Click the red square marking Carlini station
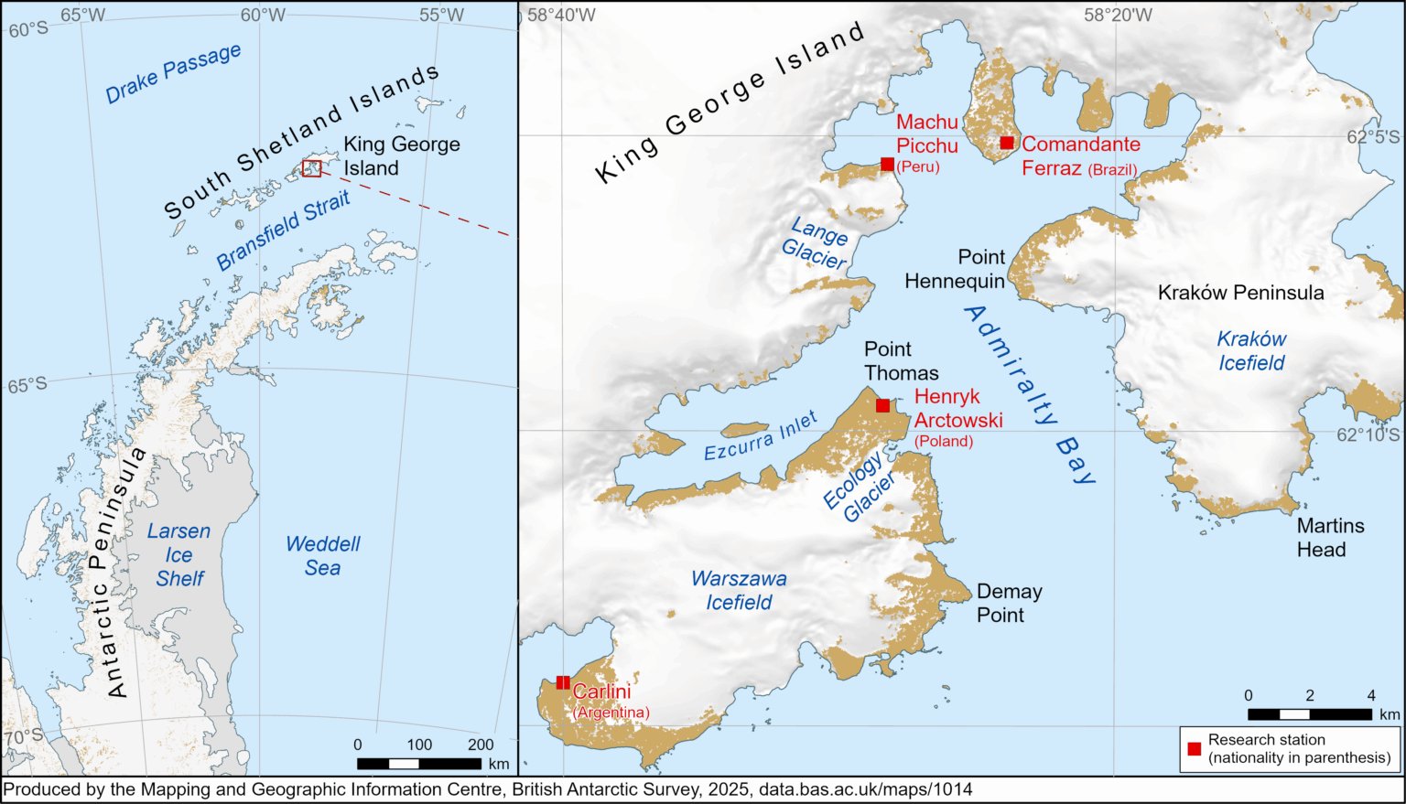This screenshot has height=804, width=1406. pos(563,682)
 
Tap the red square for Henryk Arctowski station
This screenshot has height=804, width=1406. pos(882,405)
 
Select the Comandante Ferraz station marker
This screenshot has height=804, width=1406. pos(1007,143)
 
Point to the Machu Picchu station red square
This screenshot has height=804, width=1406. pos(887,164)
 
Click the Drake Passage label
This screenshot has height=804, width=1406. pos(173,73)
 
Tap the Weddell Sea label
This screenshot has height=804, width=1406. pos(322,555)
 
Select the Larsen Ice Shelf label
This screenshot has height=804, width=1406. pos(179,554)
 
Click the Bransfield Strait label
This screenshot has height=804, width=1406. pos(284,230)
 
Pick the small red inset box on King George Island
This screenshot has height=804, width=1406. pos(312,167)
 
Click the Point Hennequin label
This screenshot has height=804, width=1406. pos(955,269)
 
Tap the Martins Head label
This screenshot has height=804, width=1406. pos(1330,538)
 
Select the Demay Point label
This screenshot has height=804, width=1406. pos(1009,603)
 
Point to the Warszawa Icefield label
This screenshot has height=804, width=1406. pos(739,590)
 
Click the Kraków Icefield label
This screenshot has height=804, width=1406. pos(1251,350)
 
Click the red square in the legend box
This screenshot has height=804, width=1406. pos(1195,748)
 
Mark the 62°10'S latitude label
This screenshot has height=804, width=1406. pos(1368,434)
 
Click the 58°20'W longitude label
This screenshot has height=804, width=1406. pos(1118,15)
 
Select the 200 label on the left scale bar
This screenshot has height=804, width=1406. pos(481,745)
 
